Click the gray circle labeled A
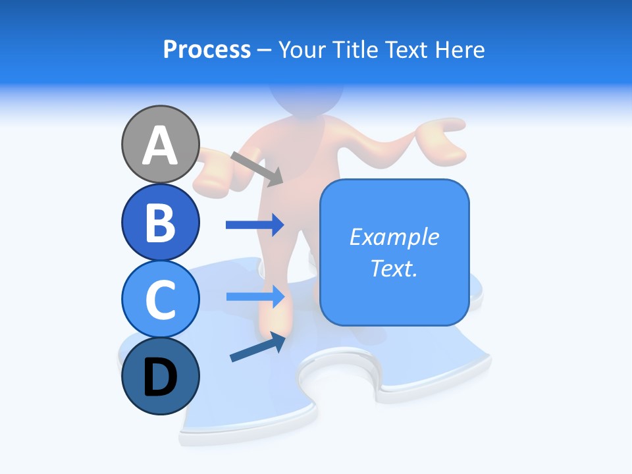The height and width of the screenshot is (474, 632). (160, 144)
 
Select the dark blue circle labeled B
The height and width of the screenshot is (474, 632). (160, 222)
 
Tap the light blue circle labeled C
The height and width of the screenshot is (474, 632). (160, 299)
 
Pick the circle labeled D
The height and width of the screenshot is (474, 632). (160, 377)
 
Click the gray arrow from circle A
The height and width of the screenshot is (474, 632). (257, 169)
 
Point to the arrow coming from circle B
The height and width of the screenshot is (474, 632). (255, 225)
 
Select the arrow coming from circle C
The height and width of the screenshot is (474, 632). (255, 296)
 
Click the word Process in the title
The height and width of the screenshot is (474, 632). (207, 49)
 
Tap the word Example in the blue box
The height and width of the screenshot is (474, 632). (394, 237)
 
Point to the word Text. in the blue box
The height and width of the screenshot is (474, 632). (394, 268)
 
